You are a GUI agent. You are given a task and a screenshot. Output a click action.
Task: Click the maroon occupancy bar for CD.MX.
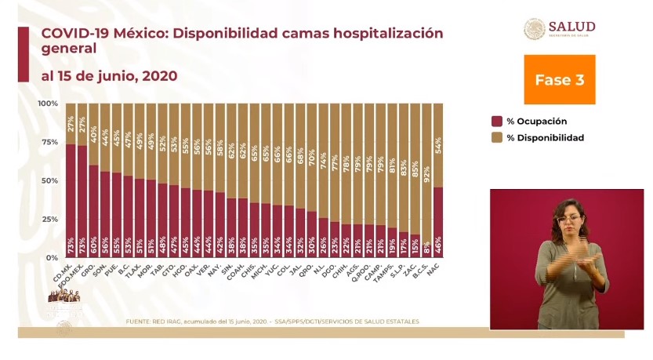coord(71,200)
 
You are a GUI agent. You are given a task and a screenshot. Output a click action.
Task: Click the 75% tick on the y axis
coord(49,142)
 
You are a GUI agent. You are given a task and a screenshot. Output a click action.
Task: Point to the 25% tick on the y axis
coord(49,219)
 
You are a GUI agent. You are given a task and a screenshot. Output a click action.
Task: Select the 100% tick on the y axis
coord(47,104)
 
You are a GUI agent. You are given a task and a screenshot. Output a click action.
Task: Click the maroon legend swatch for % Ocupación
coord(496,122)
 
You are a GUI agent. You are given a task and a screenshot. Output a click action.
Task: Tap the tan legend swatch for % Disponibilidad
coord(496,137)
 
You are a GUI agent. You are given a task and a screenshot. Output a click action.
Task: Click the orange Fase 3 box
coord(559,80)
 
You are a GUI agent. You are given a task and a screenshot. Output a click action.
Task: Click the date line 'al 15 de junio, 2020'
coord(109,76)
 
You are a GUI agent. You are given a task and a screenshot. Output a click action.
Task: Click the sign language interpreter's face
coord(570,216)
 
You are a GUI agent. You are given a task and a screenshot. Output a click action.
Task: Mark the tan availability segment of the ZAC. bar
coord(415,169)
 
